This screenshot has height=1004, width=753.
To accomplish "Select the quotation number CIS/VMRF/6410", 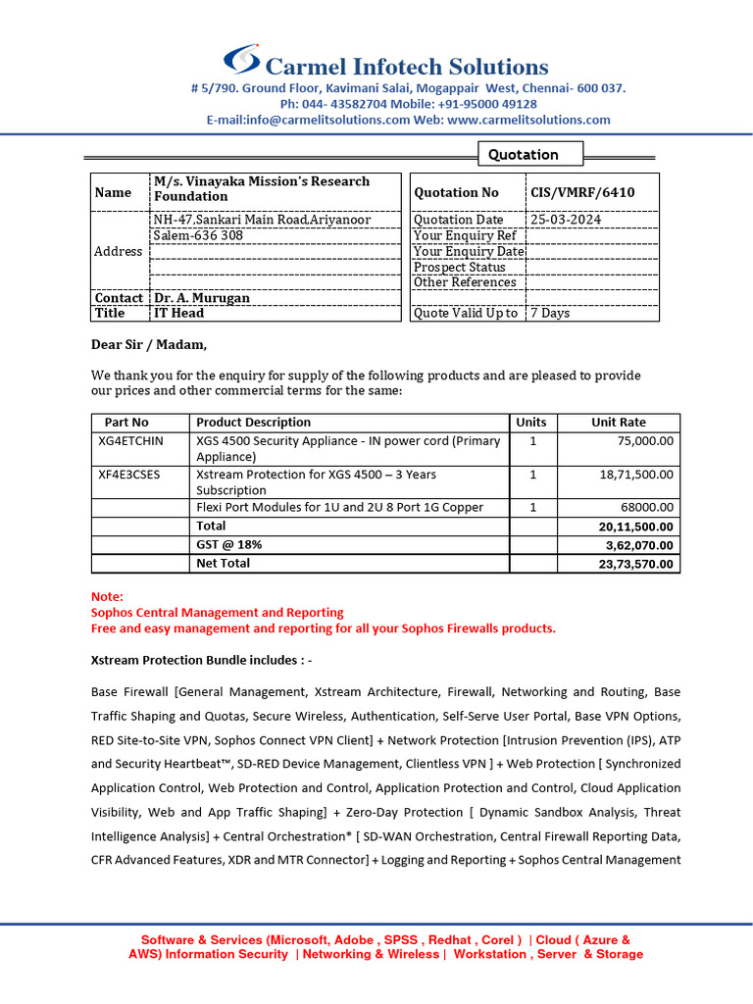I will pos(582,192).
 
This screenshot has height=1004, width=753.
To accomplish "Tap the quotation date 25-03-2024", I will pos(566,220).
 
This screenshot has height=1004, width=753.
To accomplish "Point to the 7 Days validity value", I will pos(550,313).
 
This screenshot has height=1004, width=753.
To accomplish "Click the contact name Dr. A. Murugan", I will pos(201,297).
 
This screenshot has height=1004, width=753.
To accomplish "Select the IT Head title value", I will pos(178,313).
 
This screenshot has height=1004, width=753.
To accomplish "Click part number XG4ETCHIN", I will pos(130,441).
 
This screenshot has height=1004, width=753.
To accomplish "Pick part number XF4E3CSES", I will pos(128,475).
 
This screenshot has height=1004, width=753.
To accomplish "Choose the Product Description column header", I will pos(253,423).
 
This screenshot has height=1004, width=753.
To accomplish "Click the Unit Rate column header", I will pos(619,423).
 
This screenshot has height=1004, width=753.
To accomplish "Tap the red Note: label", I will pos(107,596).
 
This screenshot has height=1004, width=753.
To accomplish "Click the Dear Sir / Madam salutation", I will pos(149,344).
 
